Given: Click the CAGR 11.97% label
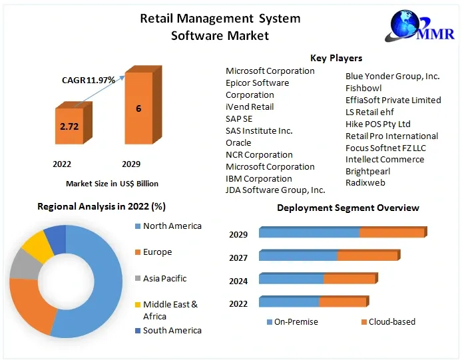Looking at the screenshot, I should pos(89,80).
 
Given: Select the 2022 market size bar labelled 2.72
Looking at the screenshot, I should pos(69,124).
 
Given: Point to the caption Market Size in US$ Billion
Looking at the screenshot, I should pos(112,183).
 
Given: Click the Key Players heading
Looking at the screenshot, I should pos(336,59).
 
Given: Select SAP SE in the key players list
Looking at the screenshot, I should pos(238,118).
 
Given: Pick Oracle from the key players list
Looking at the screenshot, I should pos(238,142).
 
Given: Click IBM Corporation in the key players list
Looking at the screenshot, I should pos(258,178).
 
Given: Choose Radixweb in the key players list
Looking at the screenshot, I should pos(365,182).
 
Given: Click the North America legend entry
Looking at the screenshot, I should pos(172,226).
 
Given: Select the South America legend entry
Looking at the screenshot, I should pos(172,330).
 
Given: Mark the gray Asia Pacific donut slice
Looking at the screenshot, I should pos(25,264).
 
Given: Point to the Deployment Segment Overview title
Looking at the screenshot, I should pos(347,208).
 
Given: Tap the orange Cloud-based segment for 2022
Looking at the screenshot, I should pos(342,303).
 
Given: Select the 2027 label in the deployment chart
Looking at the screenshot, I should pos(238,258).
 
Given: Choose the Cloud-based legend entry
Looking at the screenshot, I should pos(391,322).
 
